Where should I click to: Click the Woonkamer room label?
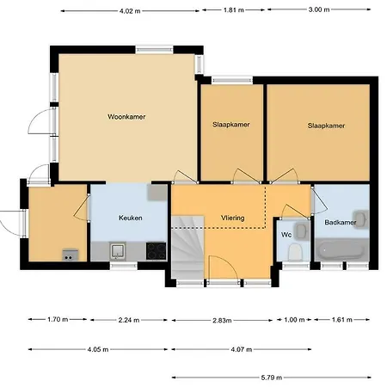[126, 117]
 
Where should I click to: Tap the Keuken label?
[131, 218]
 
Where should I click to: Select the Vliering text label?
[233, 218]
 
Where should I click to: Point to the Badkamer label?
[341, 222]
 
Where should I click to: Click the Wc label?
[286, 235]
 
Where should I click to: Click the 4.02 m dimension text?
[130, 11]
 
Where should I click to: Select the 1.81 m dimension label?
[234, 10]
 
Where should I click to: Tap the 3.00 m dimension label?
[319, 9]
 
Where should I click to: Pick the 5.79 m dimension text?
[271, 378]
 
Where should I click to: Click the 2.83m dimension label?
[222, 320]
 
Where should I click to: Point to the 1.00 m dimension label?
[294, 320]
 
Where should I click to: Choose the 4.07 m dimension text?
[242, 349]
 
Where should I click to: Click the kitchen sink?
[118, 251]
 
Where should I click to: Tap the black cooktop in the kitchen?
[157, 251]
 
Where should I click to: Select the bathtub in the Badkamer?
[341, 249]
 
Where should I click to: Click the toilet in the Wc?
[295, 252]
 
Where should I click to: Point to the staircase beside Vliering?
[187, 247]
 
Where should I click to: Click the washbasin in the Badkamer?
[361, 219]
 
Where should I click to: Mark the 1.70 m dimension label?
[58, 319]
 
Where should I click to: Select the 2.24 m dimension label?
[129, 320]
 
